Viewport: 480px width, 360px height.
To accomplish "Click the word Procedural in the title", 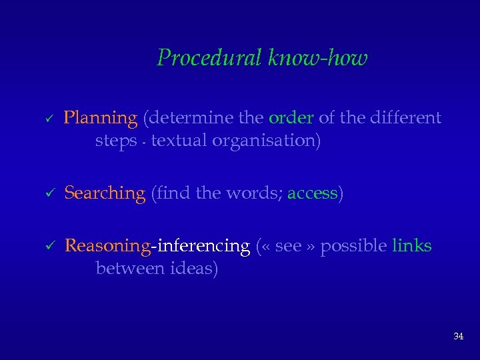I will click(x=209, y=59).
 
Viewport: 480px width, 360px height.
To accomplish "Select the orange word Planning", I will click(x=100, y=119).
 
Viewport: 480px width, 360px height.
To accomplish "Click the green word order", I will click(x=291, y=119).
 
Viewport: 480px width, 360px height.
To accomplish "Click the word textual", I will click(x=178, y=141).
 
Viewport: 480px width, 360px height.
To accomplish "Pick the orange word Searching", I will click(x=105, y=193).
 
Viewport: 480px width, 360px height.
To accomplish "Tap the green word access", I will click(x=312, y=193).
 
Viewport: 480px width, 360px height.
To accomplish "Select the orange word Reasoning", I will click(x=107, y=246).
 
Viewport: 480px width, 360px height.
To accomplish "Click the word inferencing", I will click(x=202, y=246).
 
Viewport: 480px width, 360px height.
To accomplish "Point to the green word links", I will click(x=411, y=246).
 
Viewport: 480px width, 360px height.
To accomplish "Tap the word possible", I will click(x=353, y=246).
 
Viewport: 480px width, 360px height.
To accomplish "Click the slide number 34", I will click(x=458, y=337).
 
